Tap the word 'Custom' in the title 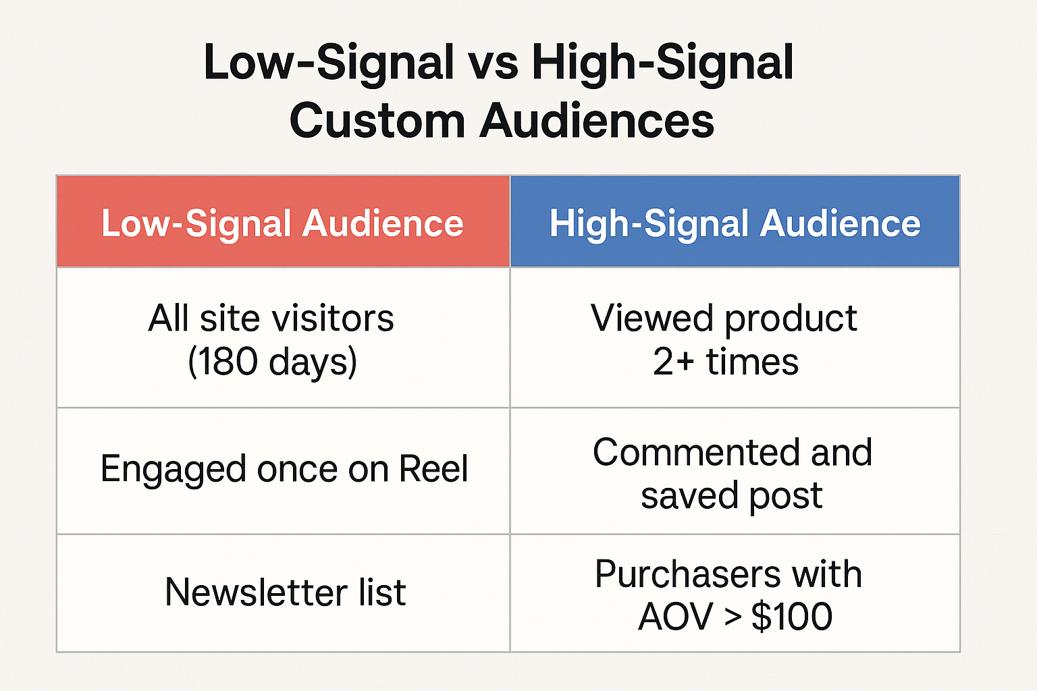click(x=377, y=121)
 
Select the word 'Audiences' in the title click(x=597, y=121)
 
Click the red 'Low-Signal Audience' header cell click(x=283, y=221)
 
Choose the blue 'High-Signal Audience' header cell click(x=735, y=221)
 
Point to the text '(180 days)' click(x=273, y=362)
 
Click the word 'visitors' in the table click(x=332, y=319)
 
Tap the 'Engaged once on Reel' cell click(x=283, y=471)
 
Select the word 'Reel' click(x=434, y=468)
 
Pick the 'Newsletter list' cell click(x=283, y=593)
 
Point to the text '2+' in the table click(x=674, y=362)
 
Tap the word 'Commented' click(x=696, y=452)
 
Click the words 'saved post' click(x=731, y=496)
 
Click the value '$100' click(x=792, y=616)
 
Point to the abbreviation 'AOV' click(x=675, y=617)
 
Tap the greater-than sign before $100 click(x=733, y=617)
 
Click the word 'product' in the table click(x=791, y=320)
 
